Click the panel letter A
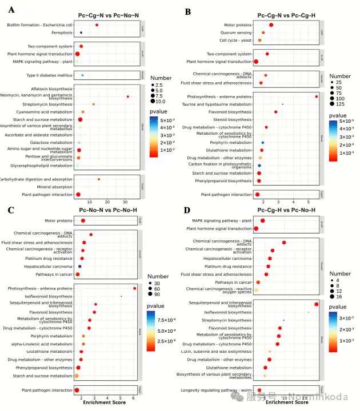pyautogui.click(x=11, y=10)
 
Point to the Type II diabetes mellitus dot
pyautogui.click(x=83, y=75)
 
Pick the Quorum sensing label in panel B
pyautogui.click(x=237, y=33)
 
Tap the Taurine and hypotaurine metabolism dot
pyautogui.click(x=282, y=104)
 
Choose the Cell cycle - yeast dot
pyautogui.click(x=259, y=41)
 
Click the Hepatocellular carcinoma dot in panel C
pyautogui.click(x=80, y=266)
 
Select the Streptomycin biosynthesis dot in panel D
pyautogui.click(x=283, y=320)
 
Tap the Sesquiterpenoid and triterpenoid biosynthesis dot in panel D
pyautogui.click(x=316, y=305)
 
